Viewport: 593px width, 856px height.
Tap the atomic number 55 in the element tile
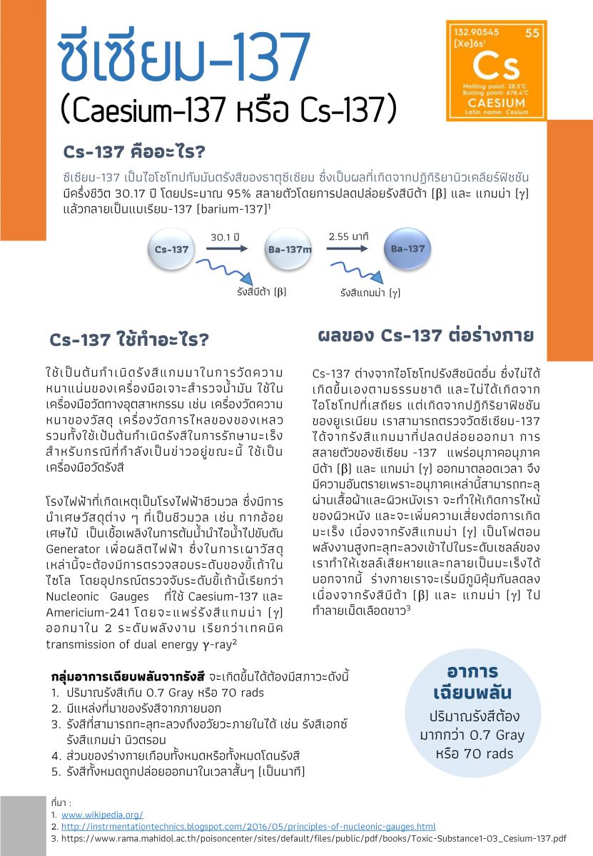pos(532,32)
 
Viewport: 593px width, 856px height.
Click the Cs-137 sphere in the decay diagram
pos(171,250)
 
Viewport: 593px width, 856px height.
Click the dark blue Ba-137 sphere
pos(407,249)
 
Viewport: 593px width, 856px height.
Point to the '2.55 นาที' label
pos(348,235)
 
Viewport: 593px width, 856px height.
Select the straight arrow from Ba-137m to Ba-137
pos(348,248)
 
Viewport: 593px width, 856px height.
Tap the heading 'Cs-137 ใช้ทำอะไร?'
pos(128,340)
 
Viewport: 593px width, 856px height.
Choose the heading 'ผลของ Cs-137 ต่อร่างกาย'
pos(425,335)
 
